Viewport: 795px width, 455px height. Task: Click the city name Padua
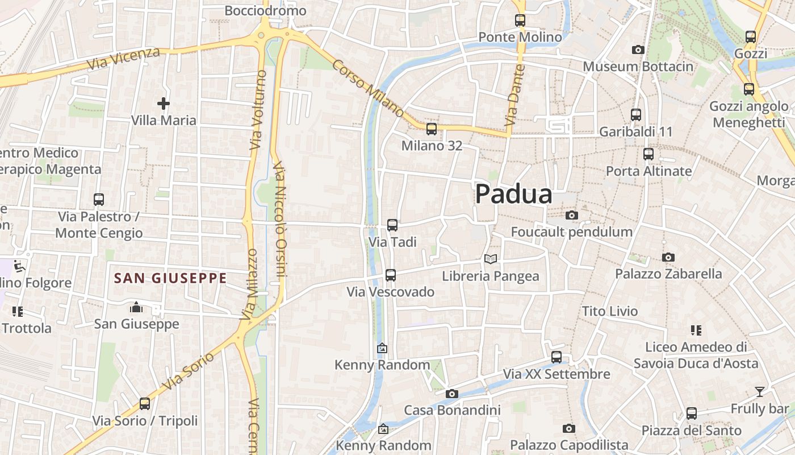point(513,195)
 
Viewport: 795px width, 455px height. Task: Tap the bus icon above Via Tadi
point(392,225)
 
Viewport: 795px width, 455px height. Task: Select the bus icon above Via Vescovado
point(391,275)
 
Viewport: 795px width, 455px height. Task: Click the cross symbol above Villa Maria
point(164,104)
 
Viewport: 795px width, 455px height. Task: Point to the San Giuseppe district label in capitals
point(170,278)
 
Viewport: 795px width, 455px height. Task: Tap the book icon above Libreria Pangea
point(491,259)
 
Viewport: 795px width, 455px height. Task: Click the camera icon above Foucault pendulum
point(572,215)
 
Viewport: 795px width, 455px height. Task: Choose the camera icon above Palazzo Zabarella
point(668,257)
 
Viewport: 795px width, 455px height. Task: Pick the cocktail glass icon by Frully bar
point(759,391)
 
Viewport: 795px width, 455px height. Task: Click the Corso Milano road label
point(367,88)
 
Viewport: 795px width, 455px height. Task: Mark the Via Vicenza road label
point(123,59)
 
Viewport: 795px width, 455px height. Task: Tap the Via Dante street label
point(513,95)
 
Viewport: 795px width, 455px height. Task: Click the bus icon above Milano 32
point(432,129)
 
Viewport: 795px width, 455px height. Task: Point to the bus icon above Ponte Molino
point(520,20)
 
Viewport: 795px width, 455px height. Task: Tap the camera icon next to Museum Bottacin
point(638,50)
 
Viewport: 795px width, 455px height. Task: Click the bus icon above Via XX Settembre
point(556,357)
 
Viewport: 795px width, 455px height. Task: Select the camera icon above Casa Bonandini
point(452,394)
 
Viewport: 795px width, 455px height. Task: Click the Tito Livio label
point(610,311)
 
